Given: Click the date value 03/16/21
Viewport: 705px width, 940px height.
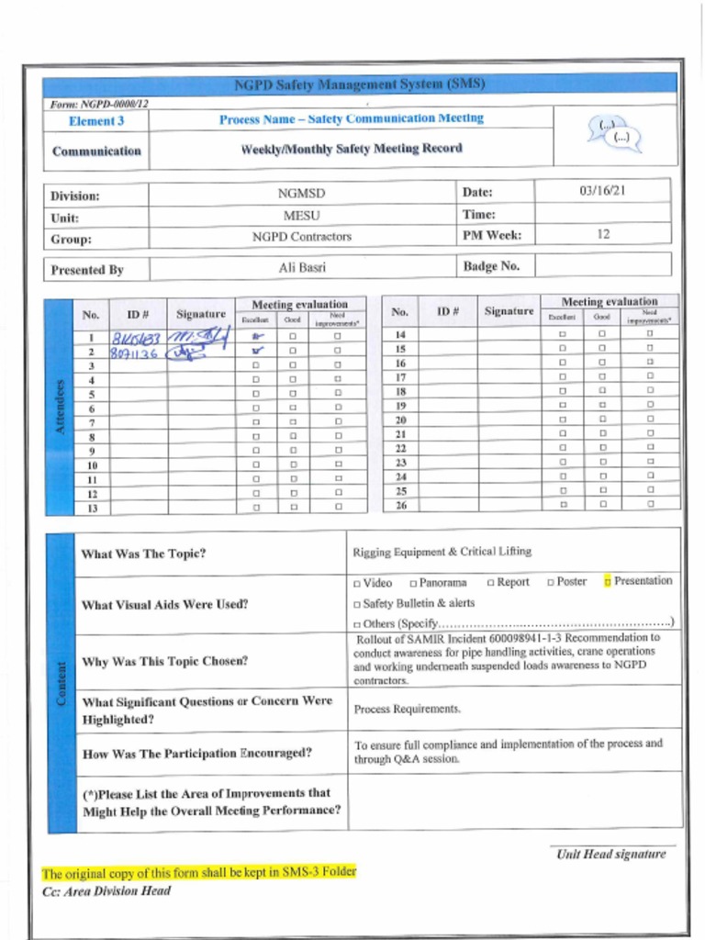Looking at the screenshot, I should [x=602, y=192].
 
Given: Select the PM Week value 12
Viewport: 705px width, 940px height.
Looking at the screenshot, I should [x=603, y=235].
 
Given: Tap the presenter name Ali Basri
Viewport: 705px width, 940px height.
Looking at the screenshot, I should [x=302, y=268].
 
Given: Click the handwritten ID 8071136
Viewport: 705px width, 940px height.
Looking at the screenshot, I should [x=134, y=352].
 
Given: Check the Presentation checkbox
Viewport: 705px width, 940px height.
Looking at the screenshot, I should [x=608, y=581].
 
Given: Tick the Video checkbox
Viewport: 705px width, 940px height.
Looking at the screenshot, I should [x=357, y=583].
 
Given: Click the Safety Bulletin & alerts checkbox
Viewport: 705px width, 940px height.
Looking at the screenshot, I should [x=357, y=604].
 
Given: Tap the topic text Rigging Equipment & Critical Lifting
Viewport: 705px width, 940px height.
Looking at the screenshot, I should [x=442, y=552].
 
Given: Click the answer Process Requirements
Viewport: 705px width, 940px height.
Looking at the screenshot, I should [x=408, y=709].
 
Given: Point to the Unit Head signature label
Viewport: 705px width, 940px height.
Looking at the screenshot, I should [x=610, y=855].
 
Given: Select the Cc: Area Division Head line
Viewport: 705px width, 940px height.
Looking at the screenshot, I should [x=106, y=890].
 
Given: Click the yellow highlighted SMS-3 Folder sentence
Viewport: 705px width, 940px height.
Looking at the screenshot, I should [x=198, y=872].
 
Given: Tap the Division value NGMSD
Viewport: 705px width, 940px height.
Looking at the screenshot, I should [x=302, y=194].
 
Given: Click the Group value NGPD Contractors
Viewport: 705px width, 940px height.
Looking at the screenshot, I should [x=302, y=237].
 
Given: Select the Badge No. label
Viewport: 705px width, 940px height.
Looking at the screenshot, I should [x=491, y=266].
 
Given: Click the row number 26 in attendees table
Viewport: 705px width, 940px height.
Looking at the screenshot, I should [x=400, y=506].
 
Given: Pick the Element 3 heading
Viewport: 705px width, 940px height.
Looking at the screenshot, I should [x=96, y=121].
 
